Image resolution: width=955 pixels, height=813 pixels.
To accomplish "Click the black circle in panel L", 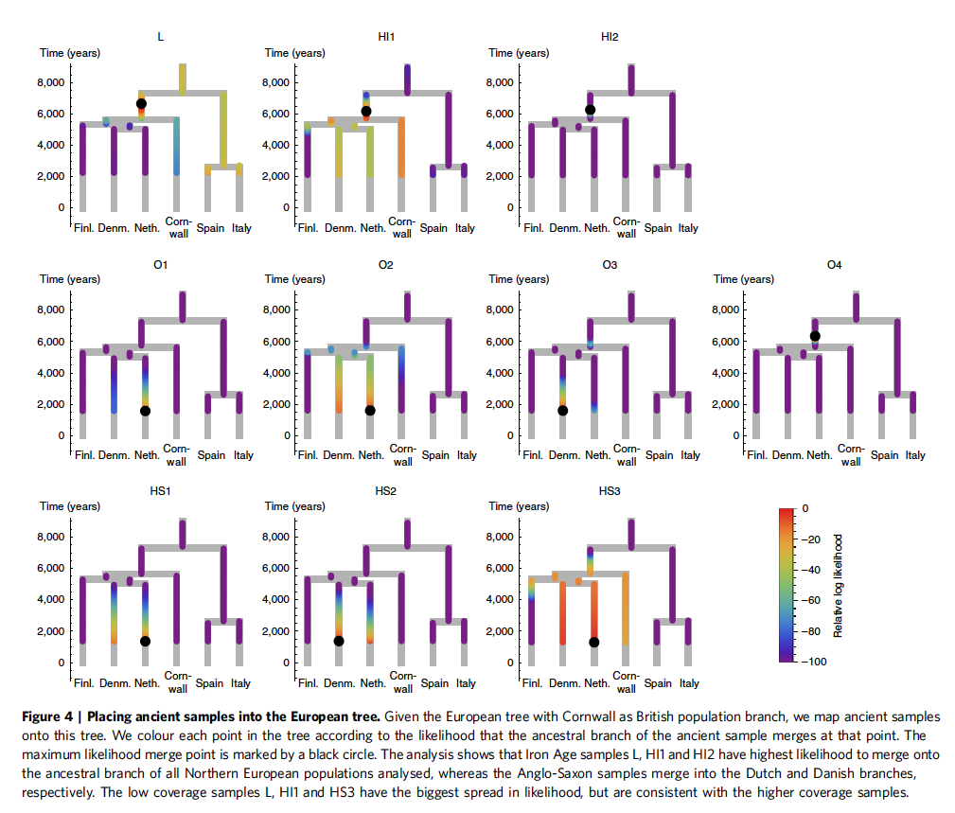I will click(141, 103).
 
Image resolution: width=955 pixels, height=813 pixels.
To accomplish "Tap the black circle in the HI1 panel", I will click(366, 112).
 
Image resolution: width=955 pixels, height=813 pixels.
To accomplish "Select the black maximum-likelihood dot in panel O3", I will click(563, 410).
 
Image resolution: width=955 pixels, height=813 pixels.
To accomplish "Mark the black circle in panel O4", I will click(815, 336).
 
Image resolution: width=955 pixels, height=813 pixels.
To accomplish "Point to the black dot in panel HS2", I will click(339, 641).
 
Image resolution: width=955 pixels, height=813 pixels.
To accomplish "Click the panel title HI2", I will click(610, 37).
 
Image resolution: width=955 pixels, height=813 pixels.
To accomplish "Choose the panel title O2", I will click(384, 264).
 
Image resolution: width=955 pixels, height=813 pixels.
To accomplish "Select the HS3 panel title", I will click(610, 491).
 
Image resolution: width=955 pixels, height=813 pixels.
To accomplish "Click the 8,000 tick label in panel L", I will click(51, 82).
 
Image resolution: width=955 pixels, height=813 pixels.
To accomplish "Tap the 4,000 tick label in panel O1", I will click(51, 373).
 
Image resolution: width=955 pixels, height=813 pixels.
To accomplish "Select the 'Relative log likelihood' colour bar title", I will click(840, 585).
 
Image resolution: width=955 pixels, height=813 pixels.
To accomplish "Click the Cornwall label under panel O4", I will click(850, 455).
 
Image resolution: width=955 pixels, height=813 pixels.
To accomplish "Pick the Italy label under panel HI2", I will click(688, 228).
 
